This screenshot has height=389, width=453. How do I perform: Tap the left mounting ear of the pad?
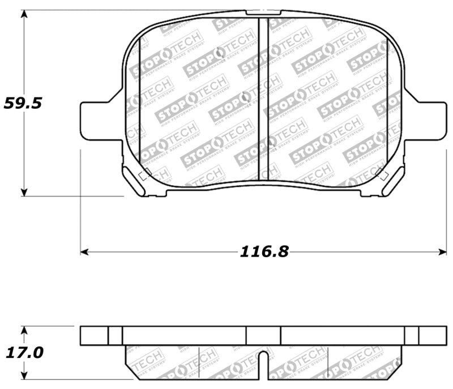pyautogui.click(x=99, y=120)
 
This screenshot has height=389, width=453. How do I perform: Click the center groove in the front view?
pyautogui.click(x=263, y=99)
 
